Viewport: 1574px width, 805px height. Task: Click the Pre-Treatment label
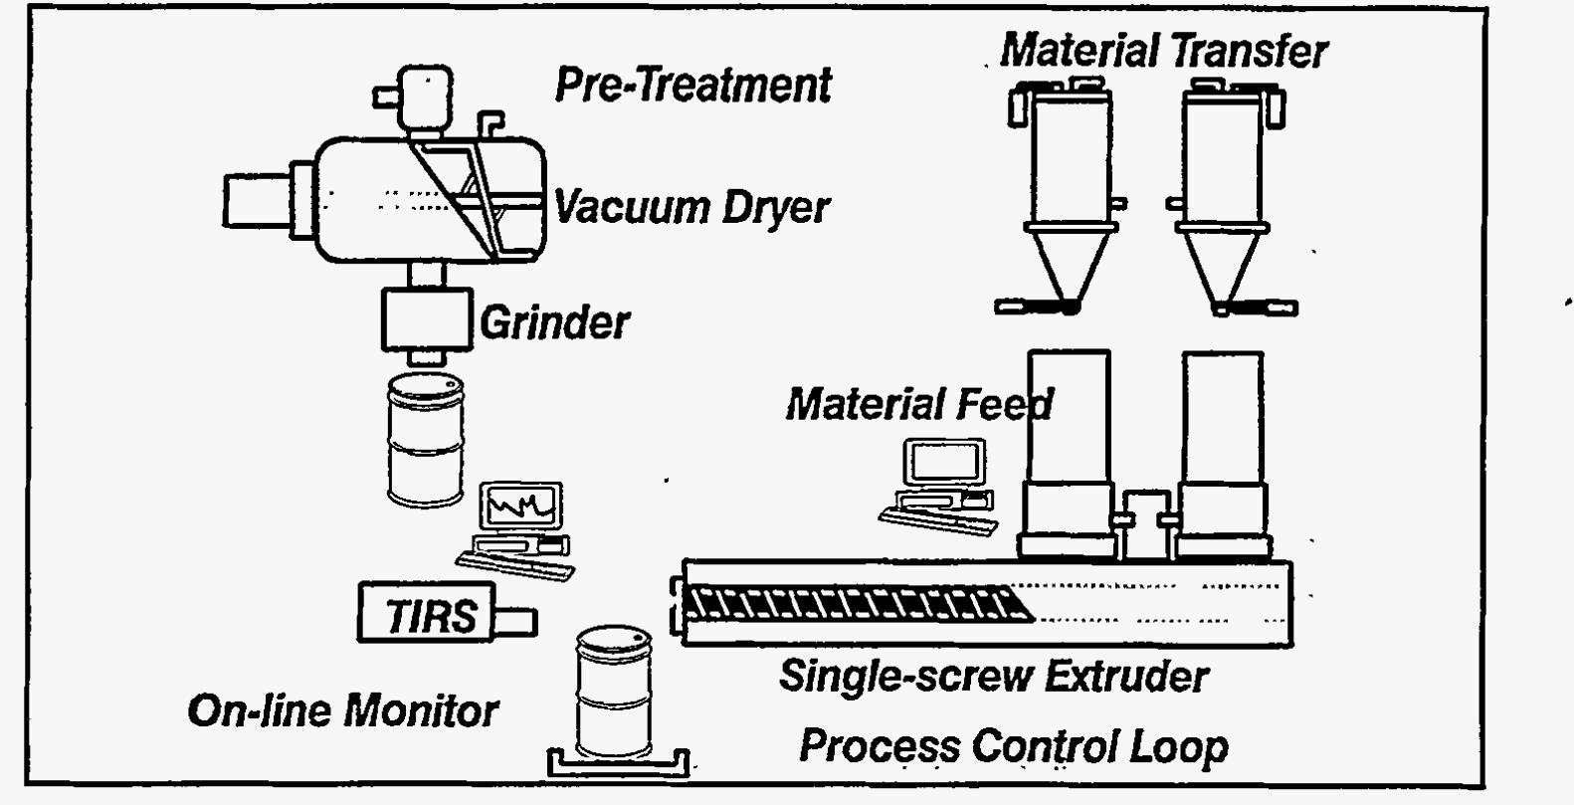pyautogui.click(x=692, y=85)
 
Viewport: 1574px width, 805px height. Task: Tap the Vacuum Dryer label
pyautogui.click(x=691, y=207)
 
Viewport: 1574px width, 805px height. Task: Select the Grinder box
pyautogui.click(x=427, y=319)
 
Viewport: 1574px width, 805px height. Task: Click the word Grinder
pyautogui.click(x=554, y=322)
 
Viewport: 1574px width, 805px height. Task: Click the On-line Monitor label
pyautogui.click(x=343, y=710)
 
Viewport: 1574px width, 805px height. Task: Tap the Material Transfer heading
pyautogui.click(x=1164, y=51)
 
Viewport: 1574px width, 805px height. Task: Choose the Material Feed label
pyautogui.click(x=919, y=404)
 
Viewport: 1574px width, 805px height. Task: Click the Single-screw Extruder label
pyautogui.click(x=994, y=677)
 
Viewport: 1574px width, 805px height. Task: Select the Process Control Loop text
pyautogui.click(x=1014, y=746)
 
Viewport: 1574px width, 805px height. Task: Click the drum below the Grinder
pyautogui.click(x=426, y=440)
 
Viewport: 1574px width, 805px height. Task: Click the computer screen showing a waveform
pyautogui.click(x=520, y=504)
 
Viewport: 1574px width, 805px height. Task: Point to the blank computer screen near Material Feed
pyautogui.click(x=945, y=462)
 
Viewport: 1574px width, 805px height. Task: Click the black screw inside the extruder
pyautogui.click(x=858, y=604)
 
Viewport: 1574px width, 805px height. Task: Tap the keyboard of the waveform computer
pyautogui.click(x=515, y=565)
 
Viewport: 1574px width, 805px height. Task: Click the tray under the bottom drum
pyautogui.click(x=619, y=765)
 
